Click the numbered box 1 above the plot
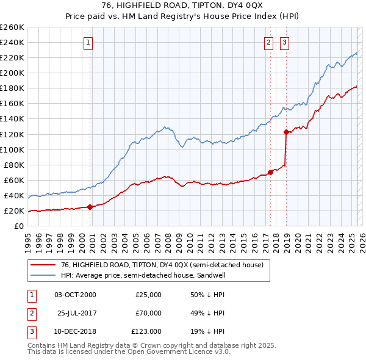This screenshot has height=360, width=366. (x=89, y=42)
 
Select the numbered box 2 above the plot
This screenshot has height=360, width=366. (x=268, y=42)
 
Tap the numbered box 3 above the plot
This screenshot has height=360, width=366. (x=284, y=42)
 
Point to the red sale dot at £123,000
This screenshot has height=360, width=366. (x=286, y=131)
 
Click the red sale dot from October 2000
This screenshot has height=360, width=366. (x=90, y=207)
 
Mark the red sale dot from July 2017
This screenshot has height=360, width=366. (x=271, y=172)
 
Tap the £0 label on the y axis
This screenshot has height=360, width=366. (x=18, y=226)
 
